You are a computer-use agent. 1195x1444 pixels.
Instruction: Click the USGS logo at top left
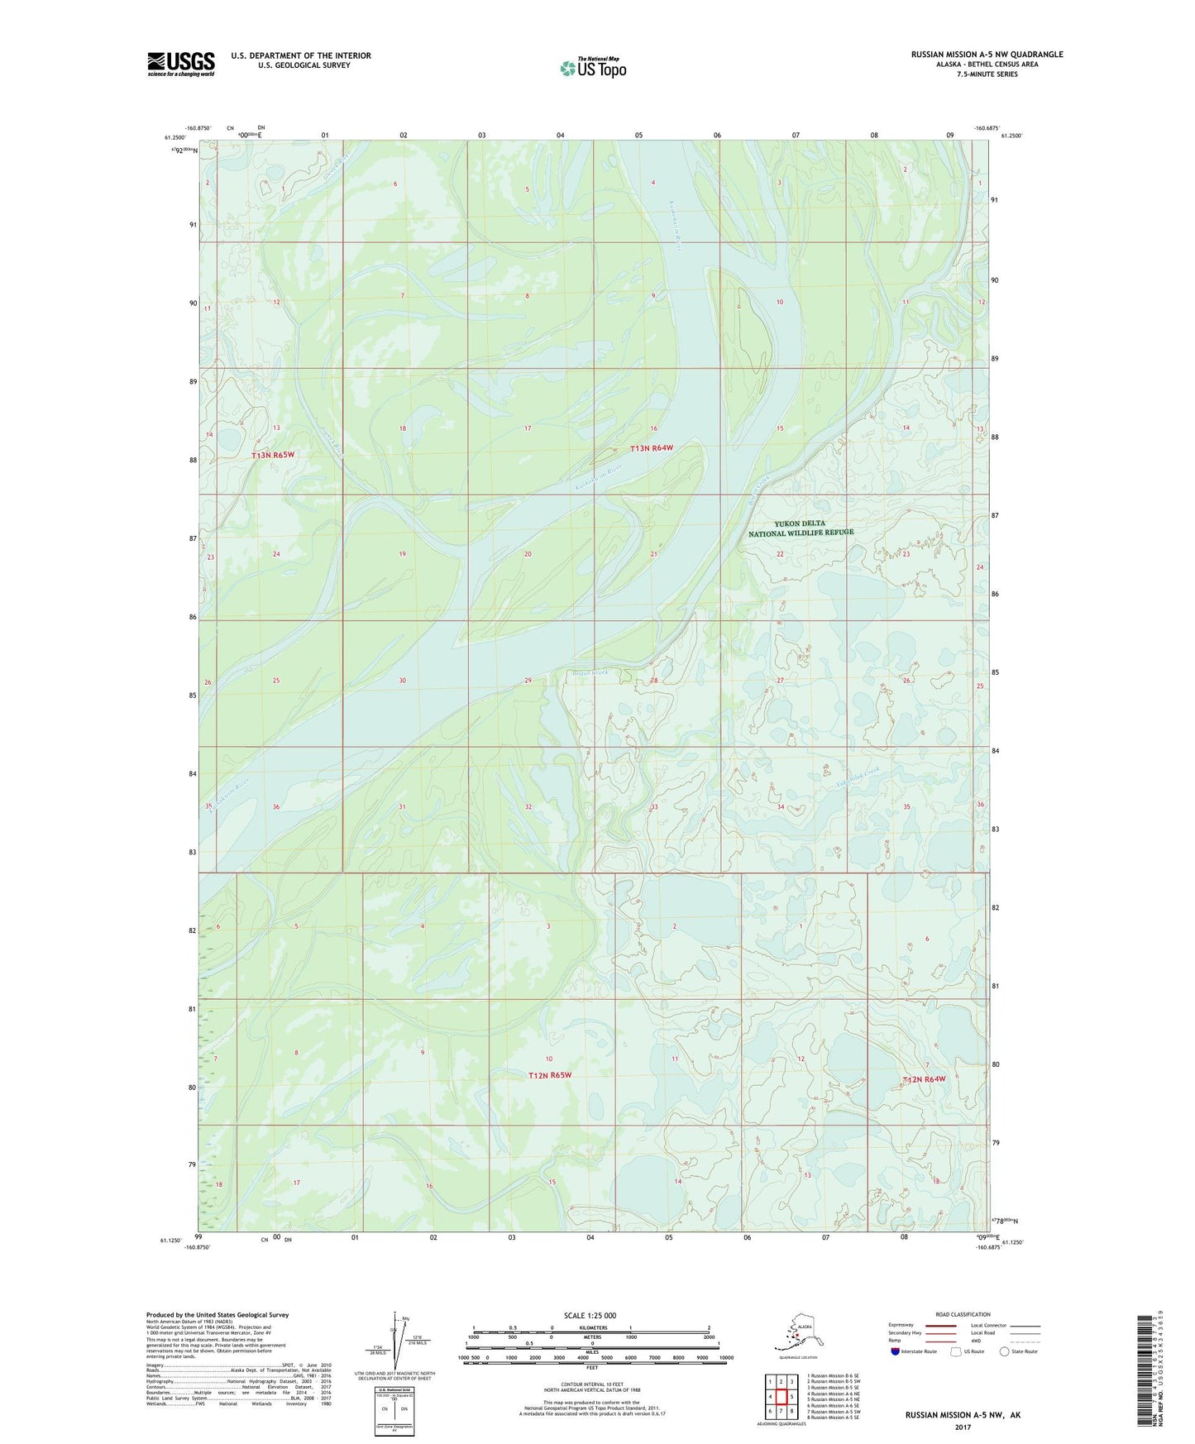click(x=180, y=64)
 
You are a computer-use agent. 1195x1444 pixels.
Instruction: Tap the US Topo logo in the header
click(x=592, y=67)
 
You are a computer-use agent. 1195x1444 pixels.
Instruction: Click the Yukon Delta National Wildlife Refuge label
click(x=801, y=528)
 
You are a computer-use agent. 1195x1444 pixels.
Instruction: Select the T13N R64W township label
click(x=652, y=448)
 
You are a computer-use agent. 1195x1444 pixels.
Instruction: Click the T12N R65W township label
click(x=550, y=1075)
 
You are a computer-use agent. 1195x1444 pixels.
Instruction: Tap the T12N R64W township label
click(x=924, y=1079)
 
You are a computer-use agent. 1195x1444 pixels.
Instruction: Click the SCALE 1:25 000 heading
click(x=590, y=1315)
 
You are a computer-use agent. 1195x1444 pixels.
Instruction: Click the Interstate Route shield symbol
click(x=895, y=1351)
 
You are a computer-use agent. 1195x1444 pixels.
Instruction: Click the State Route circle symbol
click(x=1004, y=1351)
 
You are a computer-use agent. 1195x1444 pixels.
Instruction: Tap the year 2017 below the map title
click(x=962, y=1427)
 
